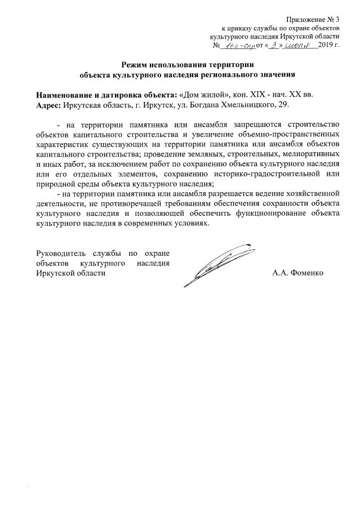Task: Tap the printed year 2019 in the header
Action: click(326, 44)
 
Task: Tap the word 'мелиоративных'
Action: click(313, 154)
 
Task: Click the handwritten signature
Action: click(214, 263)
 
